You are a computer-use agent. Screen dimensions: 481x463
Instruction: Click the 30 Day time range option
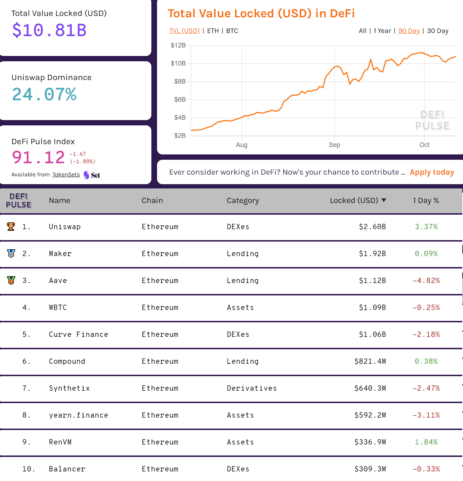437,31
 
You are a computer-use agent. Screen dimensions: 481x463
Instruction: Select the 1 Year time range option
382,31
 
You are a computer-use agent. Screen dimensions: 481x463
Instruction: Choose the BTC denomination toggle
232,31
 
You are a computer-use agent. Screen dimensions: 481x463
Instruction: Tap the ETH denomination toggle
213,31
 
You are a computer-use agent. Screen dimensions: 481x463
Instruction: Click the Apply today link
432,172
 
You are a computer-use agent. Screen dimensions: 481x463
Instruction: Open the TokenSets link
66,175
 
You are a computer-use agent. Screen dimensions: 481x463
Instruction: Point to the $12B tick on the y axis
178,45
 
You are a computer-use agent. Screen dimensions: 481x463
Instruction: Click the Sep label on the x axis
334,145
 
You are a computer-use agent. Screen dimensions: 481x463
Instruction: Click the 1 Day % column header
426,200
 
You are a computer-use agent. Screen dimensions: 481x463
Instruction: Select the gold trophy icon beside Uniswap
11,227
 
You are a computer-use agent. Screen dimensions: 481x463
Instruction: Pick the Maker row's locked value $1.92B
372,254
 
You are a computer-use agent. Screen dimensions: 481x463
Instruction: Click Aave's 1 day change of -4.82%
426,281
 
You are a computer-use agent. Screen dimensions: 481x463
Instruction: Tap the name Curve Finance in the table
78,334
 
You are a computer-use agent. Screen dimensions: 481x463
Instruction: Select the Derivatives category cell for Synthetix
252,388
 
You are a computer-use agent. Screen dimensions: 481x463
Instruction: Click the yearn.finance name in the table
78,415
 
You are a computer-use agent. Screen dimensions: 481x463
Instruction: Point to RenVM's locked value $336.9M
370,442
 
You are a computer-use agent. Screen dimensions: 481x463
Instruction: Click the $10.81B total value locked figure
49,30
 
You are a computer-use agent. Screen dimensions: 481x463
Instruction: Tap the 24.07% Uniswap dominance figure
44,95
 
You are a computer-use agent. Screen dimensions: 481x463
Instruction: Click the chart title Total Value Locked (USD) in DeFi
261,13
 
